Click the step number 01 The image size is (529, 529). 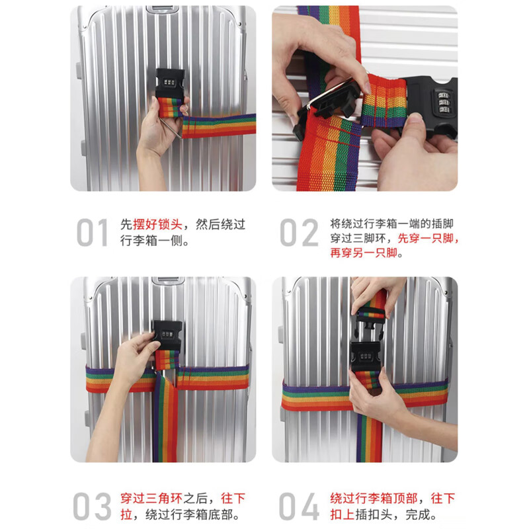(92, 233)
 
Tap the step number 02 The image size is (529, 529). (299, 233)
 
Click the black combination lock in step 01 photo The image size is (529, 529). (170, 82)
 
